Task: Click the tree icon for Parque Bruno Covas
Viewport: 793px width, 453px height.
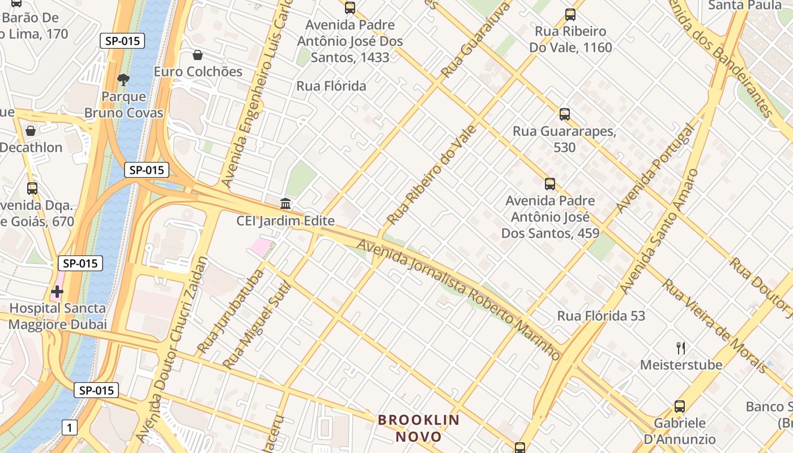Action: coord(123,79)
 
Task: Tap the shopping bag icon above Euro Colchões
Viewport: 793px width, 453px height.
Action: coord(198,55)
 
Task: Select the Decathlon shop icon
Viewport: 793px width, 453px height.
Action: coord(31,131)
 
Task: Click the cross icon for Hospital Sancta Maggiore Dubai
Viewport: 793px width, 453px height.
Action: coord(57,292)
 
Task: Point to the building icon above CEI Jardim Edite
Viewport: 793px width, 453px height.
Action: coord(285,203)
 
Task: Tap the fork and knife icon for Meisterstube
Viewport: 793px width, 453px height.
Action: coord(681,348)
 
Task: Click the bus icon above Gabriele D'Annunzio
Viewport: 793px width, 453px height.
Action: coord(679,406)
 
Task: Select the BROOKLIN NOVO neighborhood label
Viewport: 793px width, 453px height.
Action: coord(419,428)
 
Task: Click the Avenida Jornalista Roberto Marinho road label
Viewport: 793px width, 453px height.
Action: coord(459,300)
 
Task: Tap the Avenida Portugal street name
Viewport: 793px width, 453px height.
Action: coord(655,168)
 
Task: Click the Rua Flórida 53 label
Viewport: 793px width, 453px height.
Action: coord(601,316)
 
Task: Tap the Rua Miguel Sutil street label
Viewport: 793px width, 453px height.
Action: coord(257,325)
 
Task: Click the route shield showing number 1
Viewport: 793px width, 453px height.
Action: coord(69,428)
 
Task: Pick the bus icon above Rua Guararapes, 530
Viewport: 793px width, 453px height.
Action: coord(564,114)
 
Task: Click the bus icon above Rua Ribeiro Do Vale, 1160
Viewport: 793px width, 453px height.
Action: coord(570,15)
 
